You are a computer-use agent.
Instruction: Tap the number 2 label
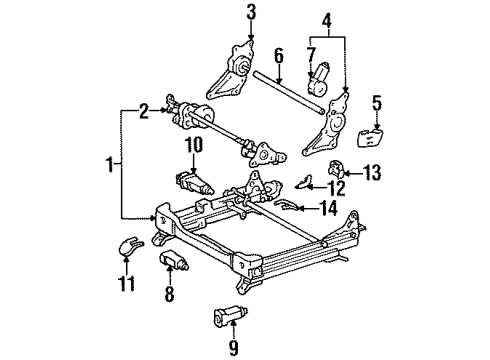[144, 112]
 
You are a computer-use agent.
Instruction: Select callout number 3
[251, 13]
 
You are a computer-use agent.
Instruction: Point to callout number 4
[325, 20]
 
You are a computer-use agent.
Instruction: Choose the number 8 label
[168, 294]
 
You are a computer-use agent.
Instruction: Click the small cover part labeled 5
[365, 138]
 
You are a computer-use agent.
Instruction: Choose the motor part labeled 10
[193, 182]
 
